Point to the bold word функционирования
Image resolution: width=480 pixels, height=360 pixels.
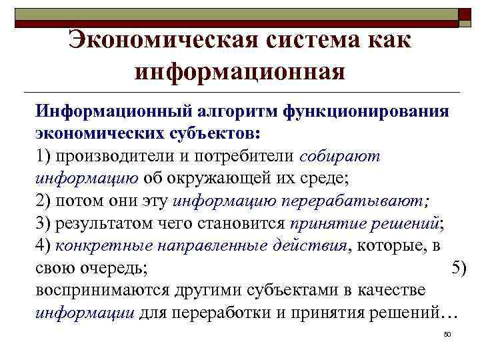367,109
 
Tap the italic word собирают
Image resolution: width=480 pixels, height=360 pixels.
340,156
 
